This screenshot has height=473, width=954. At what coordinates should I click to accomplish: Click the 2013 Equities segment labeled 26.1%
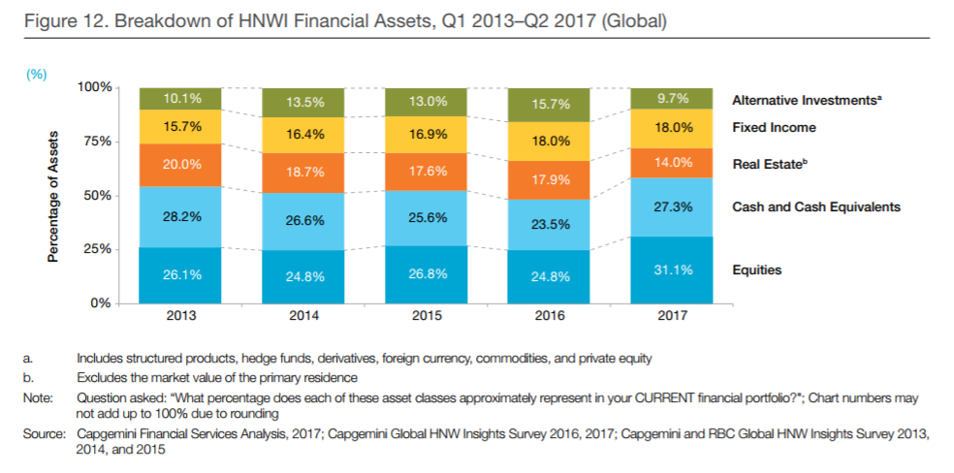(x=182, y=274)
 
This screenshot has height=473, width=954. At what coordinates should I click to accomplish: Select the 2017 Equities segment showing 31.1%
(x=673, y=269)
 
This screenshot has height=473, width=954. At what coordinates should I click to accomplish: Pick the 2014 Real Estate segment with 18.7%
(x=304, y=171)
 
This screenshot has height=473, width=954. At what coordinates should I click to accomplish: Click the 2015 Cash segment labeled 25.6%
(x=428, y=217)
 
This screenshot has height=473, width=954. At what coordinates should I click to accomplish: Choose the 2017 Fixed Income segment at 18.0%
(x=673, y=127)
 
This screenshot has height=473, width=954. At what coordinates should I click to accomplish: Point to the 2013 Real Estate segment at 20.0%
(x=182, y=165)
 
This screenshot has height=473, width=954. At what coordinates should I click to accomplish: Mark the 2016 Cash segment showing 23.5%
(x=550, y=224)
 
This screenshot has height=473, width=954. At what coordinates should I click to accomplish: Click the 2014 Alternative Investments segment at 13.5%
(x=304, y=102)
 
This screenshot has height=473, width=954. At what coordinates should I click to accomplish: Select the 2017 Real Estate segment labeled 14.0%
(x=673, y=162)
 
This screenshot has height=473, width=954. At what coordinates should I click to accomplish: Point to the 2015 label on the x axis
(x=428, y=316)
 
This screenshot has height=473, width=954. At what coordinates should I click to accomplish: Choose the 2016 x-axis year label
(x=550, y=316)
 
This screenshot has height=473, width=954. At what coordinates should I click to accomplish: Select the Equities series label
(x=757, y=269)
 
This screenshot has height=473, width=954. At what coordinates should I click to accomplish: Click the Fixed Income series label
(x=774, y=127)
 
